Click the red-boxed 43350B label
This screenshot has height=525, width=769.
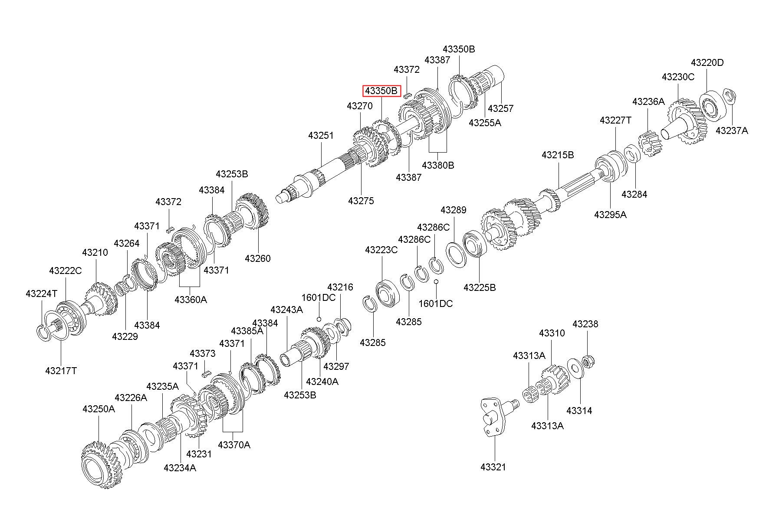(381, 91)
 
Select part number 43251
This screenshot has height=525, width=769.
(321, 135)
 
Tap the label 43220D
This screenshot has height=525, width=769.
(707, 62)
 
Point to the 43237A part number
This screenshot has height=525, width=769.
(732, 130)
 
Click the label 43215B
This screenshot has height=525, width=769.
(558, 155)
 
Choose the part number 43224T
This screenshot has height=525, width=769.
(41, 293)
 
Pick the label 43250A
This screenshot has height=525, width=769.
(99, 409)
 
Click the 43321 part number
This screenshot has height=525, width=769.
(493, 467)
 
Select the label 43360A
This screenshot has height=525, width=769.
(191, 299)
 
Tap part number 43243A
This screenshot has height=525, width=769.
(286, 310)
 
